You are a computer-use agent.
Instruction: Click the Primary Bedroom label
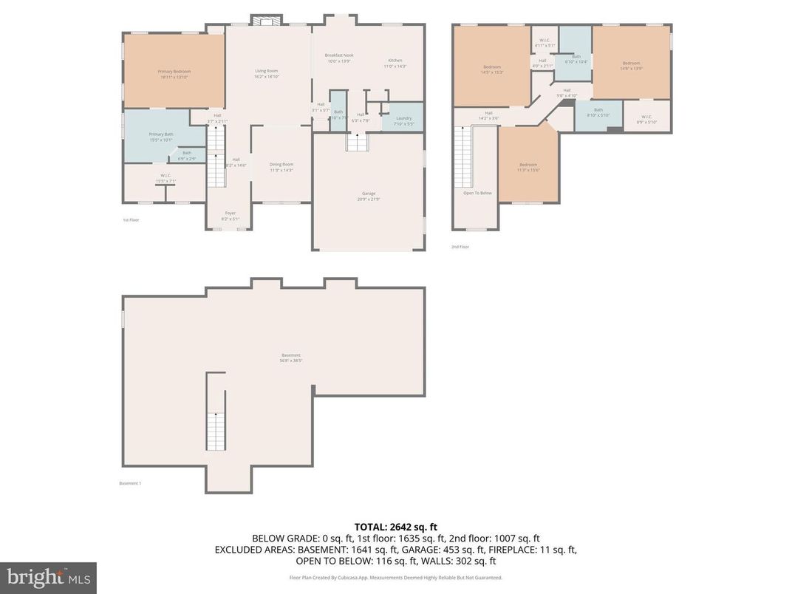(x=174, y=72)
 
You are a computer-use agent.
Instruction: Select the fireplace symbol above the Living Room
(x=264, y=21)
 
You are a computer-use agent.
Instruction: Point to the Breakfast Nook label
(x=339, y=55)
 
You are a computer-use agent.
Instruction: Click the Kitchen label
(x=395, y=61)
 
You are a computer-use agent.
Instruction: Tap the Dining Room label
(x=281, y=164)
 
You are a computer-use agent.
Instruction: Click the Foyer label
(x=231, y=213)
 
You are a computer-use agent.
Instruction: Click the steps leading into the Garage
(x=358, y=143)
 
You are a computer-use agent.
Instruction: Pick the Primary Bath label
(x=160, y=134)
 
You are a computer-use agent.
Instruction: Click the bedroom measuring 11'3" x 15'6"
(x=528, y=166)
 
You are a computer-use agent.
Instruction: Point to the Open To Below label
(x=477, y=193)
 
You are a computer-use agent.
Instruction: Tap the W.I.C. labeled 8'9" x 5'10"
(x=646, y=119)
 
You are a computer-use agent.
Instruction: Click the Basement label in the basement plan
(x=290, y=355)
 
